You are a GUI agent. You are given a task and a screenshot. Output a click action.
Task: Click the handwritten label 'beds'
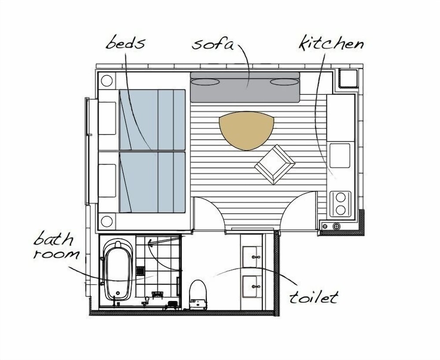pyautogui.click(x=125, y=43)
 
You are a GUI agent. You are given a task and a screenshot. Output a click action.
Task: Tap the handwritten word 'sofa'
pyautogui.click(x=213, y=44)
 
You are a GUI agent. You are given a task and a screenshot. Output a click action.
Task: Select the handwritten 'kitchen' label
pyautogui.click(x=331, y=43)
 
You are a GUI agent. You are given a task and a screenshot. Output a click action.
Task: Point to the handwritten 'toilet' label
pyautogui.click(x=314, y=297)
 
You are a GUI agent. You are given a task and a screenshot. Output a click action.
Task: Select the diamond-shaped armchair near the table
pyautogui.click(x=275, y=165)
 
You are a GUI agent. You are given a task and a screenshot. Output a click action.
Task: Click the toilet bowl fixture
pyautogui.click(x=198, y=294)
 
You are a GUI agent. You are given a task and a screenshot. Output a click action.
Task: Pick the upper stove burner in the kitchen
pyautogui.click(x=341, y=197)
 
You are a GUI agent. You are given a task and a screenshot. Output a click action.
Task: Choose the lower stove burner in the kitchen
pyautogui.click(x=341, y=210)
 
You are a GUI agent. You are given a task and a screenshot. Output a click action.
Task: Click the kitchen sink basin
pyautogui.click(x=340, y=156)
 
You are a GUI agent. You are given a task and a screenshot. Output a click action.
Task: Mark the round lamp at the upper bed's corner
pyautogui.click(x=106, y=81)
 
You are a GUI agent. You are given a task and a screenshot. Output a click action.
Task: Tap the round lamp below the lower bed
pyautogui.click(x=106, y=221)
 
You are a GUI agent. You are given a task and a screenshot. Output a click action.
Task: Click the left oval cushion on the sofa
pyautogui.click(x=205, y=82)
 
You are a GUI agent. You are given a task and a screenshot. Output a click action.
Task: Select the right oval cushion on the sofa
pyautogui.click(x=284, y=82)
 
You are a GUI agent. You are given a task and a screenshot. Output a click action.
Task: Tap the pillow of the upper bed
pyautogui.click(x=107, y=118)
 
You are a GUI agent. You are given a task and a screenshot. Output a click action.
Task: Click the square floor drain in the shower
pyautogui.click(x=140, y=271)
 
